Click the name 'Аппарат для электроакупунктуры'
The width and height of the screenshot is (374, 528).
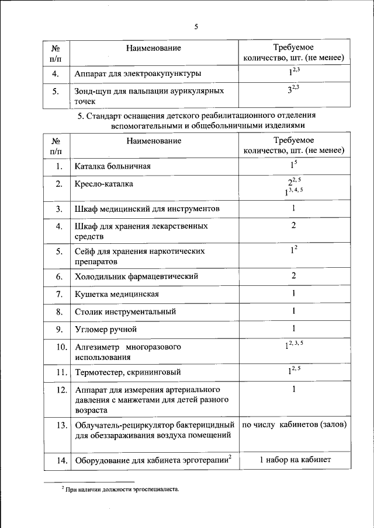138,74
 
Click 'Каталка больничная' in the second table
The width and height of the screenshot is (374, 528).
113,167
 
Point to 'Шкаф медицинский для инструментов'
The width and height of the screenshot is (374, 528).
147,209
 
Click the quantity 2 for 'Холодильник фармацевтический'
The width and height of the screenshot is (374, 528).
293,275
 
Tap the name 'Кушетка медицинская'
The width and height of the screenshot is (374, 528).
116,294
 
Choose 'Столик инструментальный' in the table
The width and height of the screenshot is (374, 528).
125,312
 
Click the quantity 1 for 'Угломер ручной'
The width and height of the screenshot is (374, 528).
293,328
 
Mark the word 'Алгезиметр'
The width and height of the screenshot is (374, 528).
96,347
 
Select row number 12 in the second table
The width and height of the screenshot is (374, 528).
58,390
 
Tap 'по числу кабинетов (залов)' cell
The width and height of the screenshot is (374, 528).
294,424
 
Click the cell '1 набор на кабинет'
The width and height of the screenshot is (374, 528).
295,460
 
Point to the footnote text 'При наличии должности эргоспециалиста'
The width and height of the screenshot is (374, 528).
119,490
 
